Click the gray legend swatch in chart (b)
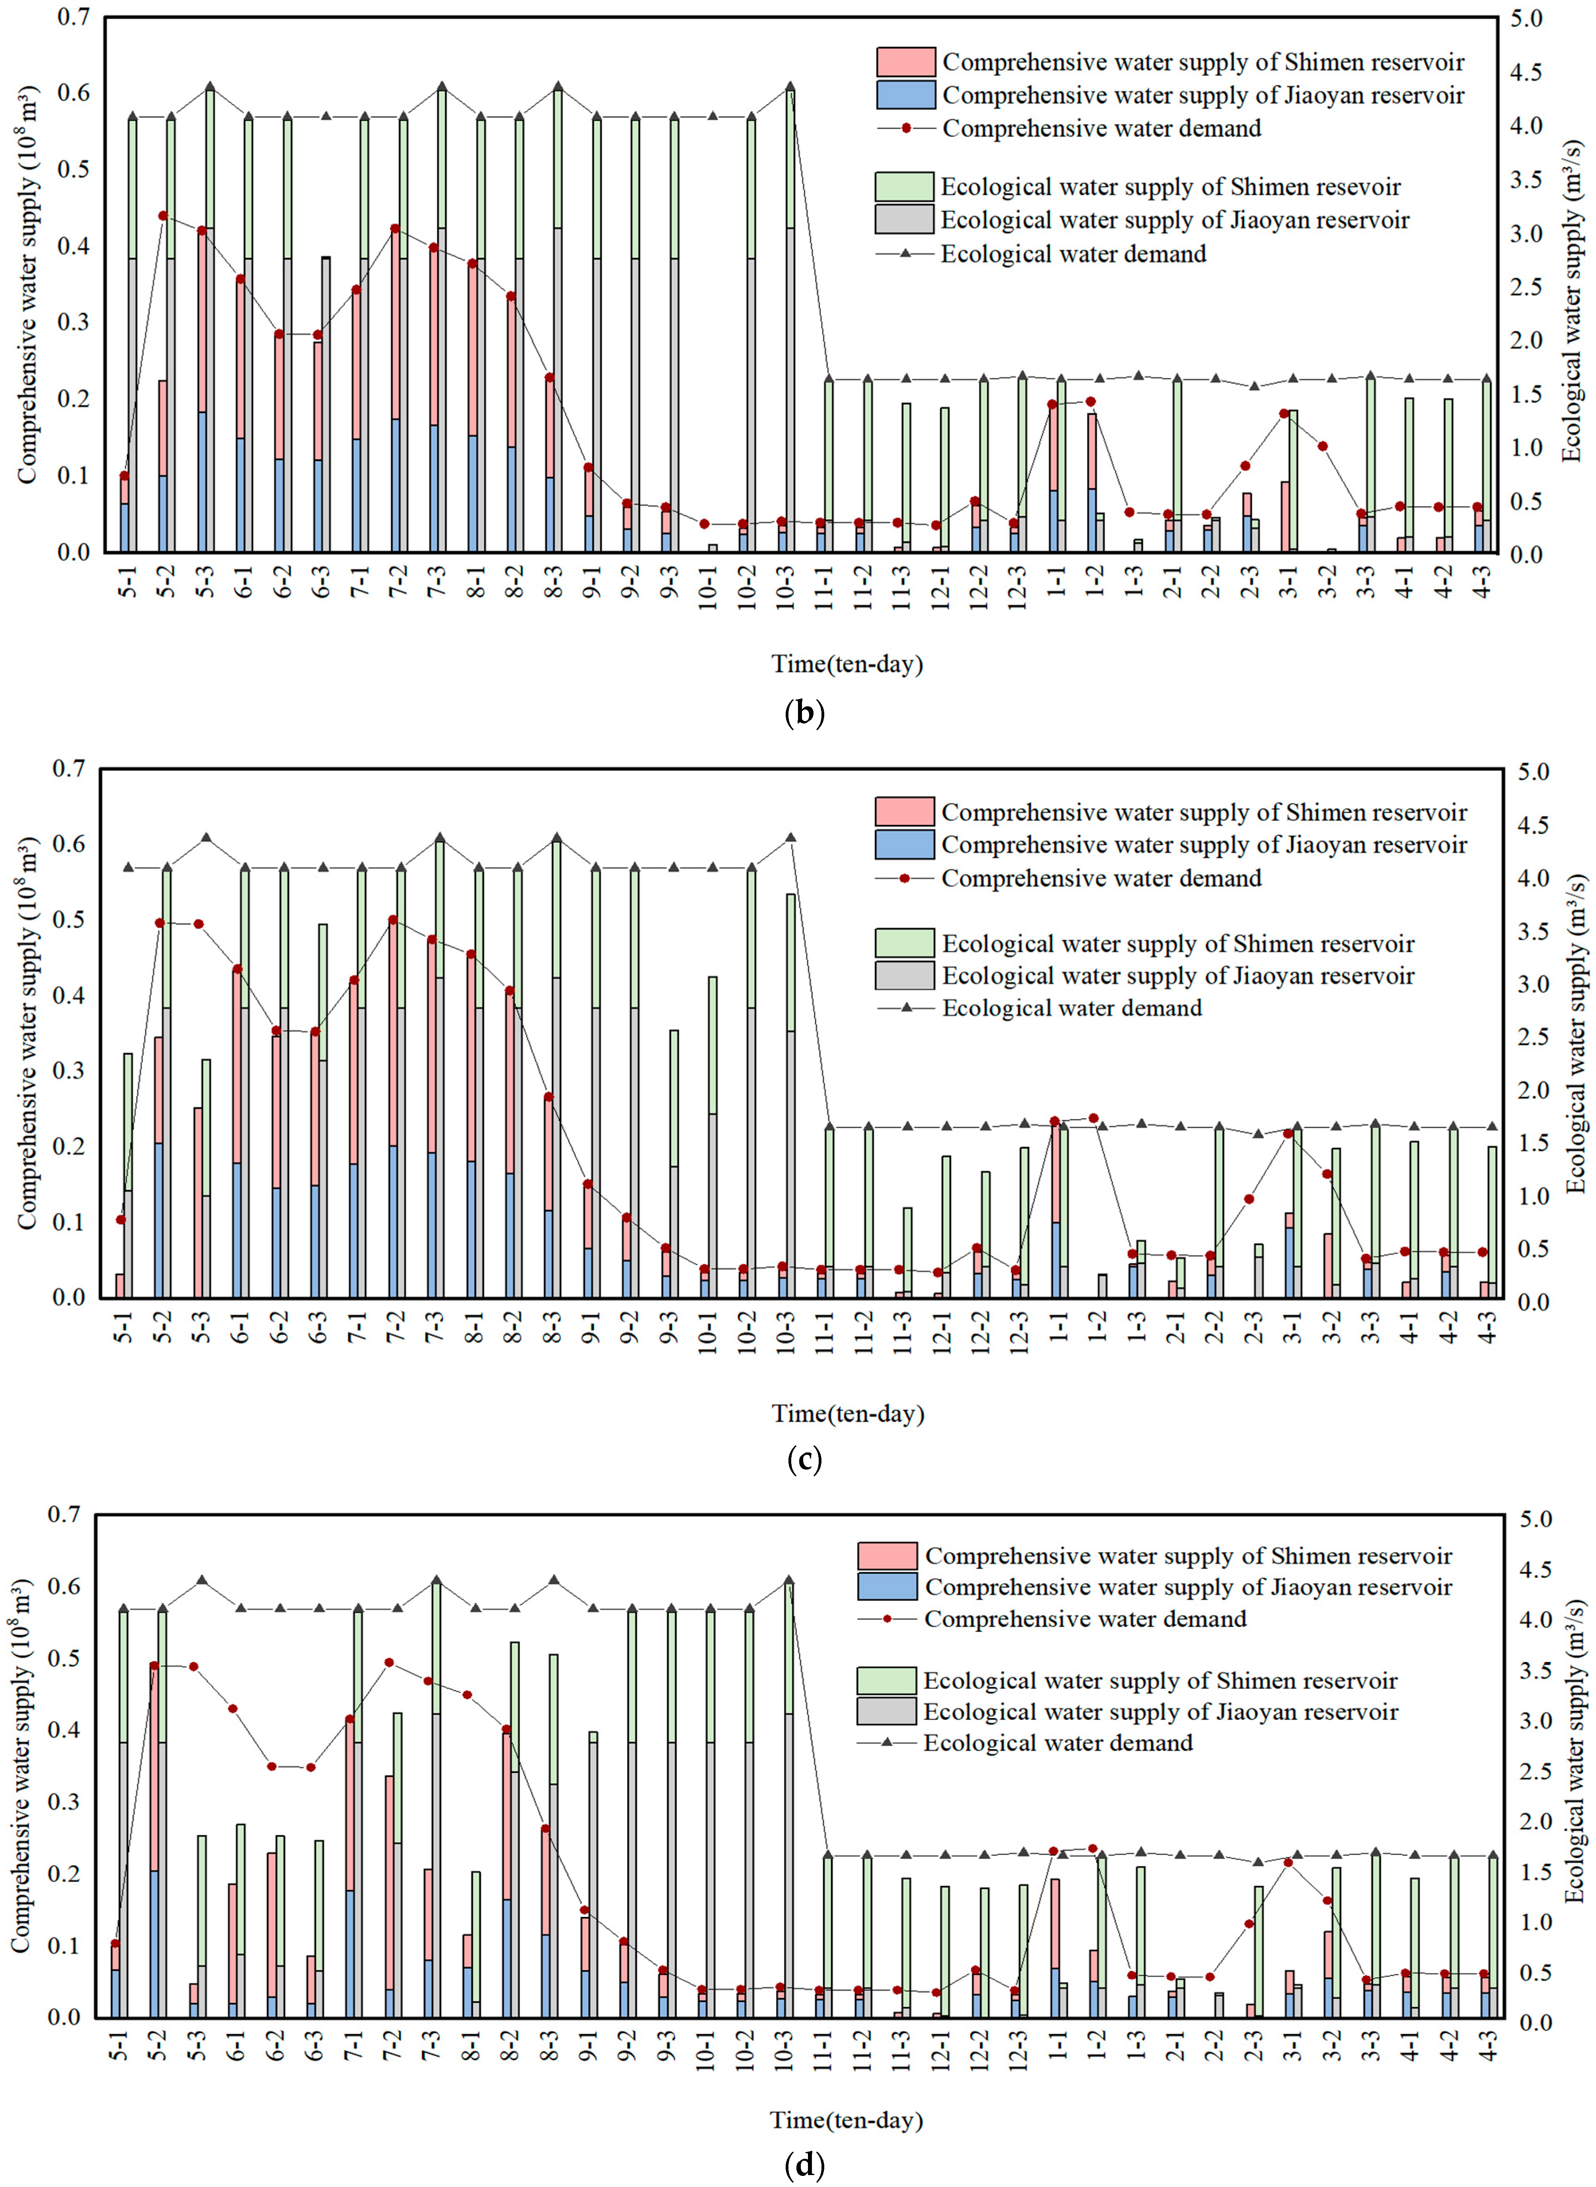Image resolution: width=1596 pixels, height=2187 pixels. point(904,219)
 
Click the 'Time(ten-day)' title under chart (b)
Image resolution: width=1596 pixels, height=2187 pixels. point(847,664)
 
